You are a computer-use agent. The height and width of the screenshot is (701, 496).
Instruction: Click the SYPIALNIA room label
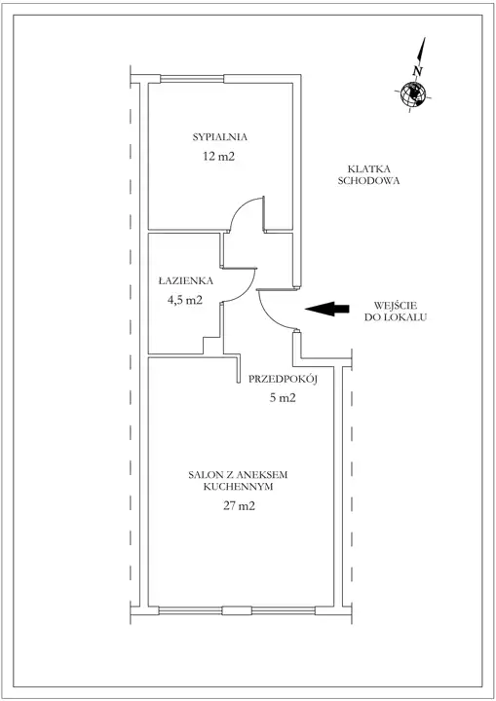(220, 137)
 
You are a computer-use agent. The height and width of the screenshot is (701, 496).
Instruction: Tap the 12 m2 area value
(219, 156)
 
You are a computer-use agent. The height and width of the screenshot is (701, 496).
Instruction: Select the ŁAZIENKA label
(186, 280)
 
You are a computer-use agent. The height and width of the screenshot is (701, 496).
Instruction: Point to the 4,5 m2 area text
(185, 300)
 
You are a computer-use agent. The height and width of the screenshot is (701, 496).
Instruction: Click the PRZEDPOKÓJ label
(283, 379)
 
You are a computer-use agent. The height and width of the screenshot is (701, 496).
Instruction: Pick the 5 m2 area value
(283, 398)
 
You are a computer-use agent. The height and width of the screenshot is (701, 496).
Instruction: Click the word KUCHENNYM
(238, 487)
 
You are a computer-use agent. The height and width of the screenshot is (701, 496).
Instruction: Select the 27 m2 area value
(239, 506)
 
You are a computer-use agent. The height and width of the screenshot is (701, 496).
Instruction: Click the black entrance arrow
(327, 309)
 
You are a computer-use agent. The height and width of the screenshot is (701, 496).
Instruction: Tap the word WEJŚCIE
(396, 306)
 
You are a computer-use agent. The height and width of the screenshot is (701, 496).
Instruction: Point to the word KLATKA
(369, 169)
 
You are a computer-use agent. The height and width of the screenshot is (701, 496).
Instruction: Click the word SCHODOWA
(369, 181)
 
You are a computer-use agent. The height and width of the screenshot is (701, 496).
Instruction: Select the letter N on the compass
(418, 71)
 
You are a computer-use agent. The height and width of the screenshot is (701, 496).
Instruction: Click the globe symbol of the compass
(412, 94)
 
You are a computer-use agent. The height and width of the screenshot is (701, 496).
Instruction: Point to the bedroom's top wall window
(192, 79)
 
